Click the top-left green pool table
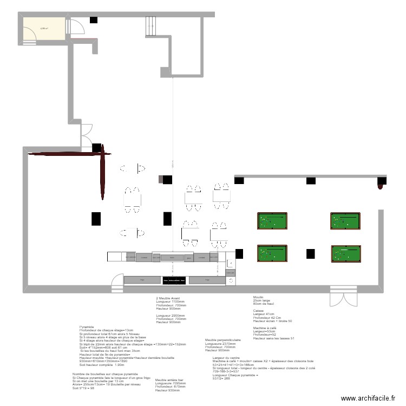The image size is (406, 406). point(272,221)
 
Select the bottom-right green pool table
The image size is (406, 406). point(345,253)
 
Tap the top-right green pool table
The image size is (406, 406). point(345,221)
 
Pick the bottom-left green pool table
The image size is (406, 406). point(272,253)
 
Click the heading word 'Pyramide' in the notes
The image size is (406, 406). point(86,327)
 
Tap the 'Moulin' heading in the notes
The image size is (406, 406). point(258,297)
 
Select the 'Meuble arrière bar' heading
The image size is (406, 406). point(169,380)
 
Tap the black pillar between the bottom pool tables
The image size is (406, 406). point(311,253)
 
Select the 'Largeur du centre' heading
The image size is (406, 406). point(226,358)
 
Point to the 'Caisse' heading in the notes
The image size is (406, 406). point(258,311)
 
